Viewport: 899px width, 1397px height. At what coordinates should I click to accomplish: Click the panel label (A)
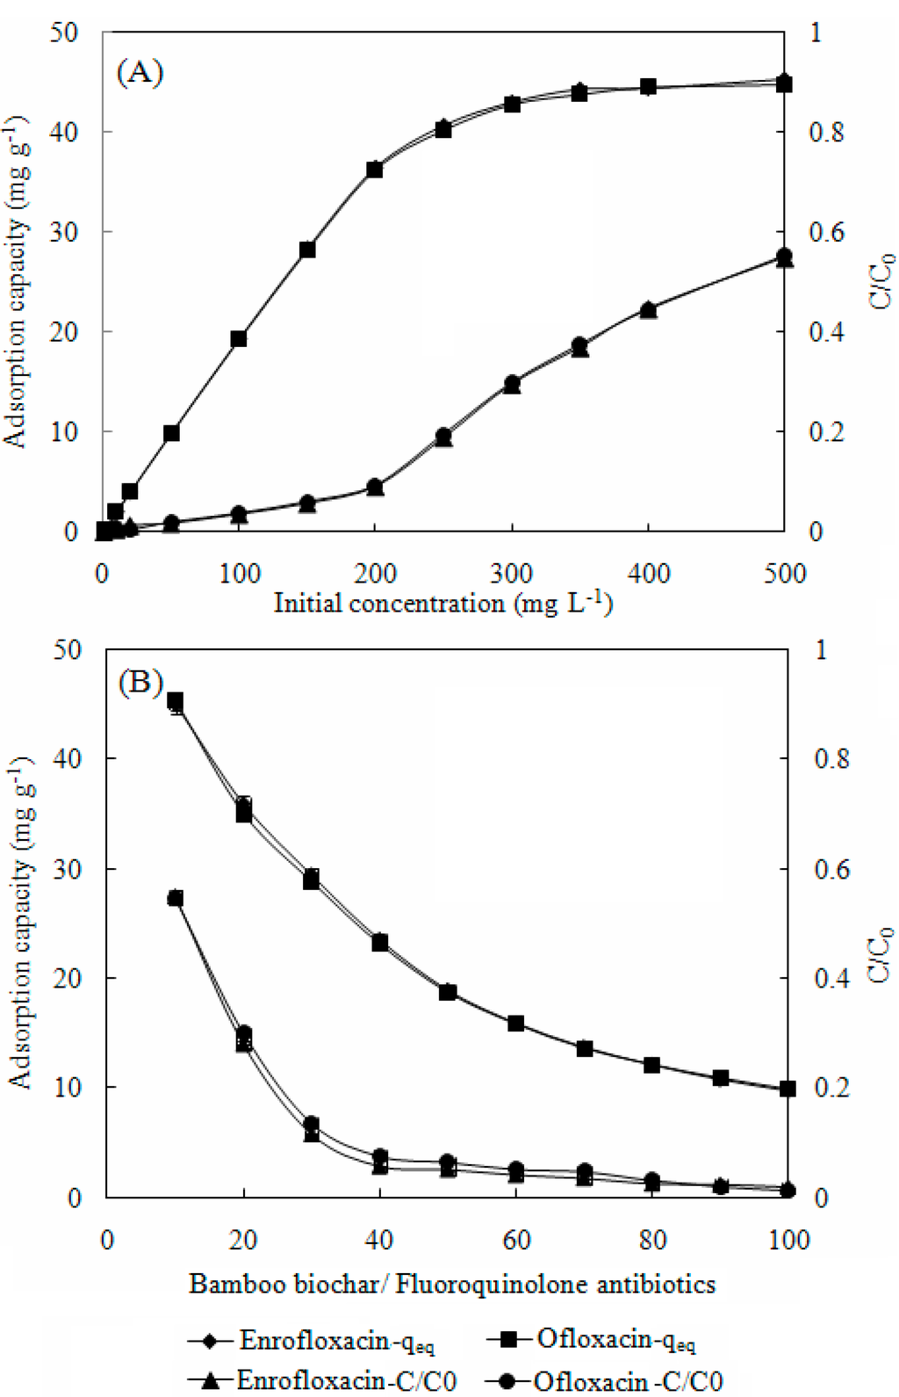(x=140, y=72)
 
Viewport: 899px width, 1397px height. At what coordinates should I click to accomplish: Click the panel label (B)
(x=140, y=682)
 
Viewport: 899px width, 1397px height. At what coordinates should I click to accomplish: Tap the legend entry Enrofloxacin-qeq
(x=336, y=1341)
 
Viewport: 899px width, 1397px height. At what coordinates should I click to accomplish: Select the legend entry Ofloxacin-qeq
(x=615, y=1340)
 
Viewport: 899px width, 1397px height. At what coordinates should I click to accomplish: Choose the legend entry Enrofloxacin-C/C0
(x=346, y=1380)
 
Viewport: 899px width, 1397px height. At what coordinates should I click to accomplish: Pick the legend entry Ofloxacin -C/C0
(x=627, y=1380)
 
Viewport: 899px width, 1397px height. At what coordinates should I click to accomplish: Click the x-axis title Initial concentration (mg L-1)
(x=443, y=603)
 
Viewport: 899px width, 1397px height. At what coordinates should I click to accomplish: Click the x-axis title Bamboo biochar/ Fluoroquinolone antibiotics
(x=452, y=1285)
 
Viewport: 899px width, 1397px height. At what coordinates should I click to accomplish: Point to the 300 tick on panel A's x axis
(x=511, y=574)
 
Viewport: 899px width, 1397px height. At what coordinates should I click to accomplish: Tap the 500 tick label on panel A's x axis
(x=784, y=574)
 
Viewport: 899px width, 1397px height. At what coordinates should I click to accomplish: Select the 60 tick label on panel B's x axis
(x=516, y=1240)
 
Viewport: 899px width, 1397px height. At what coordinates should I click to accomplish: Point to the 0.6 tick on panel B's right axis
(x=831, y=868)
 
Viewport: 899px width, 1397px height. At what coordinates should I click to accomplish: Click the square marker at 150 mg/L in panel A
(x=307, y=250)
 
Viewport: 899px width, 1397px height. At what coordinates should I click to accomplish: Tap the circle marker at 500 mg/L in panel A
(x=784, y=257)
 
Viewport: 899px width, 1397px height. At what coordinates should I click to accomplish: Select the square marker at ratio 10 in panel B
(x=176, y=700)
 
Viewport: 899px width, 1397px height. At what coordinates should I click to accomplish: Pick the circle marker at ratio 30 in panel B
(x=311, y=1124)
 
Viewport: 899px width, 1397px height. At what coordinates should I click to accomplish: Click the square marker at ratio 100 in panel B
(x=788, y=1089)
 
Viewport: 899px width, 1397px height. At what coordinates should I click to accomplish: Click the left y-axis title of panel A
(x=16, y=281)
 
